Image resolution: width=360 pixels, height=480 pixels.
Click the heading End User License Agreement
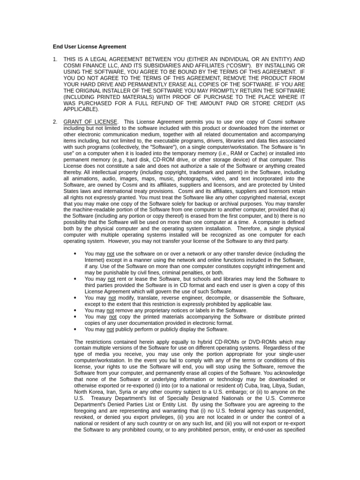point(89,46)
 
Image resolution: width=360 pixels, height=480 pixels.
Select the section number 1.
point(55,59)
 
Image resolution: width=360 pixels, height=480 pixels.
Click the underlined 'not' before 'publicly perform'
point(111,330)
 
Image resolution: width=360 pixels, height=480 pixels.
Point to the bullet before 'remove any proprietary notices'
point(75,310)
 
